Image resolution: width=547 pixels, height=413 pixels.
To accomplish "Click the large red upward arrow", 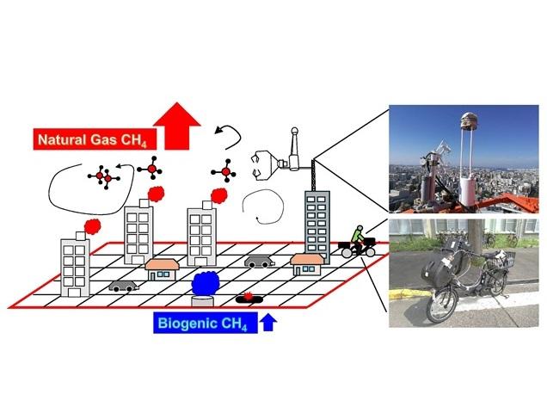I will tap(177, 126).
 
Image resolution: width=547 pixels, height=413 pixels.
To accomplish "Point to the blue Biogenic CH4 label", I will tap(206, 324).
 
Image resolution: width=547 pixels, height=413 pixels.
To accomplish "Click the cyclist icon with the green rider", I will tap(358, 242).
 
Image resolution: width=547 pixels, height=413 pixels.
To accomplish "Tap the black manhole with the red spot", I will tap(248, 298).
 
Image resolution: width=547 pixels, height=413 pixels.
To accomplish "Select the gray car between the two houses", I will tap(259, 261).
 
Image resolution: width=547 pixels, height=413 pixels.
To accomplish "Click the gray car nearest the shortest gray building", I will tap(122, 286).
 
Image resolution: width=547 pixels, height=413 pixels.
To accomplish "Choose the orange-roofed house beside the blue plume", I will tap(162, 268).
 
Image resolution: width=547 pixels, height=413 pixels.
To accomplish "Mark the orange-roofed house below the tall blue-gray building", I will tap(307, 263).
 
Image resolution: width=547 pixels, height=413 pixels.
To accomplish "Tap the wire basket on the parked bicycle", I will tap(501, 257).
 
